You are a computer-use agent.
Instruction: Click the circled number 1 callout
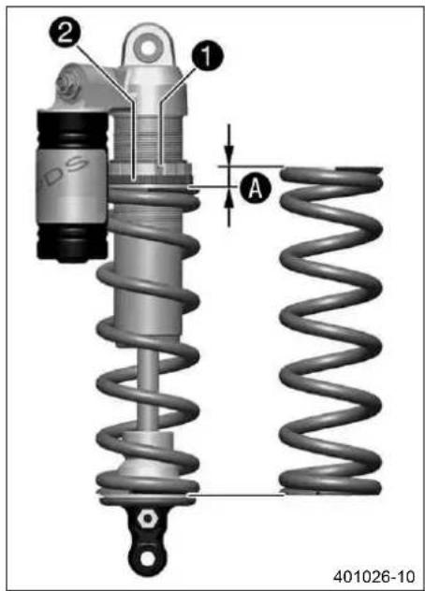[207, 56]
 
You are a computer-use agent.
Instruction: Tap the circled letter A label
[256, 188]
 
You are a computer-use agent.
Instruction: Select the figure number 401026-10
[374, 576]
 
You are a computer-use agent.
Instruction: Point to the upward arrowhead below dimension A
[228, 197]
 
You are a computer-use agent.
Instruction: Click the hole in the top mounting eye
[148, 48]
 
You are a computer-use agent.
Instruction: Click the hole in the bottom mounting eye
[148, 559]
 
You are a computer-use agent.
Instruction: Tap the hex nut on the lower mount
[146, 519]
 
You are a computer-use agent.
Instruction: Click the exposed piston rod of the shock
[147, 388]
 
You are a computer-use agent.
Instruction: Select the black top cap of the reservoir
[72, 129]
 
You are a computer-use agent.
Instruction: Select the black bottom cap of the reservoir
[72, 241]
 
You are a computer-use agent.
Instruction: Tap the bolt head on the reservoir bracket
[68, 86]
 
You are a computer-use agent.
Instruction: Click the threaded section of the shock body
[150, 138]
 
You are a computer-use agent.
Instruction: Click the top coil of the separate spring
[331, 175]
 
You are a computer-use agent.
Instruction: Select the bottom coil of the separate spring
[330, 485]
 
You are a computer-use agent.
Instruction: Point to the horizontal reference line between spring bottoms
[236, 494]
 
